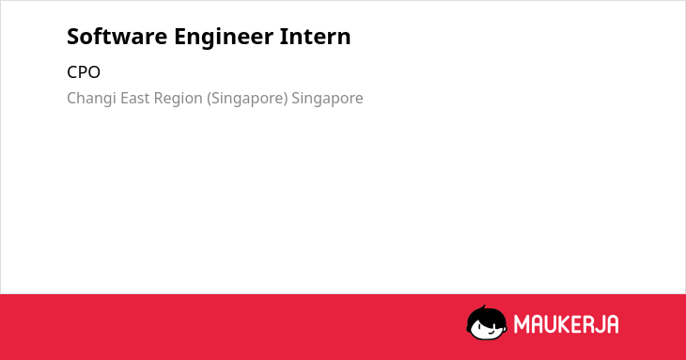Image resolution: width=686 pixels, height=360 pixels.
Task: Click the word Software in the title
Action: click(x=117, y=36)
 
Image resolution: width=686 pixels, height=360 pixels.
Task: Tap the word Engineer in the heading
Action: click(x=223, y=38)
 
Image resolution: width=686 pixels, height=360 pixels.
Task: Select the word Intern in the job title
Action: click(x=315, y=36)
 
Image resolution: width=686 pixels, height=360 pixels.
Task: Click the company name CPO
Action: click(x=84, y=72)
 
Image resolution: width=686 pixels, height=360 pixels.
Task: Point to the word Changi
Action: click(x=91, y=99)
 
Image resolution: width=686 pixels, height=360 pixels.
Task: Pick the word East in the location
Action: click(x=134, y=98)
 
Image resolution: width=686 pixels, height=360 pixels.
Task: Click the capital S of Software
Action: click(x=73, y=37)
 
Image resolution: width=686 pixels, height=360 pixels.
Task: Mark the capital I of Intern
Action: click(x=283, y=37)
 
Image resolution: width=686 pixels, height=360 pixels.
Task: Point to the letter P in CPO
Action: click(x=84, y=72)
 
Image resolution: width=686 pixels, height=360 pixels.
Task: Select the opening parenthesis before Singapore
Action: click(x=210, y=99)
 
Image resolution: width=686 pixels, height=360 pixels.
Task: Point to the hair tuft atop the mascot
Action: click(x=483, y=307)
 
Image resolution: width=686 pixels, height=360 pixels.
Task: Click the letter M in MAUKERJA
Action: click(x=522, y=324)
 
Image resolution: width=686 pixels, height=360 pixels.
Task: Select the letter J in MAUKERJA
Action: click(x=597, y=324)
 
